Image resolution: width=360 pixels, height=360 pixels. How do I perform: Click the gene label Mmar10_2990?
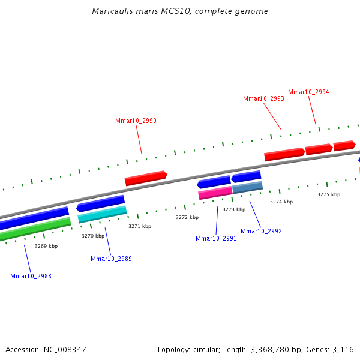point(136,121)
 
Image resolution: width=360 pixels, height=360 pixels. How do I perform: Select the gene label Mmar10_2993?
point(263,98)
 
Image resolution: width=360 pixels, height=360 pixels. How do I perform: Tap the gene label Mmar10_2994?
point(308,92)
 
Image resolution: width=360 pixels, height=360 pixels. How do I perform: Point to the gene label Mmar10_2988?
point(31,276)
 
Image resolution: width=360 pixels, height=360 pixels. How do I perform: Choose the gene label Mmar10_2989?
point(111,259)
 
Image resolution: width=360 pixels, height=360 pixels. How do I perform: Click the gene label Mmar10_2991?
point(216,238)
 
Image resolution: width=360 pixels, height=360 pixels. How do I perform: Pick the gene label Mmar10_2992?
point(261,231)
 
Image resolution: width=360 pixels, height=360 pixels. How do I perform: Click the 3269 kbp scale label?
point(46,246)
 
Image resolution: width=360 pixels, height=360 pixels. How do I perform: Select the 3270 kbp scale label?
point(93,236)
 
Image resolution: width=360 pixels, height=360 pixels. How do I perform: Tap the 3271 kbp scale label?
point(140,226)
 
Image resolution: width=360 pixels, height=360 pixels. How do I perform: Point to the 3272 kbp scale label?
point(187,217)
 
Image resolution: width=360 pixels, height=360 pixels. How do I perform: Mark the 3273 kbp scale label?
point(234,209)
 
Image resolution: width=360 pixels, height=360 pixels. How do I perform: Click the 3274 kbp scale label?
point(281,202)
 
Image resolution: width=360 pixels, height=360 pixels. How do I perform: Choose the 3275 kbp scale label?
point(329,194)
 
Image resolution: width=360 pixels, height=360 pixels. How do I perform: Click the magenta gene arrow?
point(215,193)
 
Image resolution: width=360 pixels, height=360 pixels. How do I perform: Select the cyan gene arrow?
point(102,214)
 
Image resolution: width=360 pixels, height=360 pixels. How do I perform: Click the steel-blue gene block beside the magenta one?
point(247,187)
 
